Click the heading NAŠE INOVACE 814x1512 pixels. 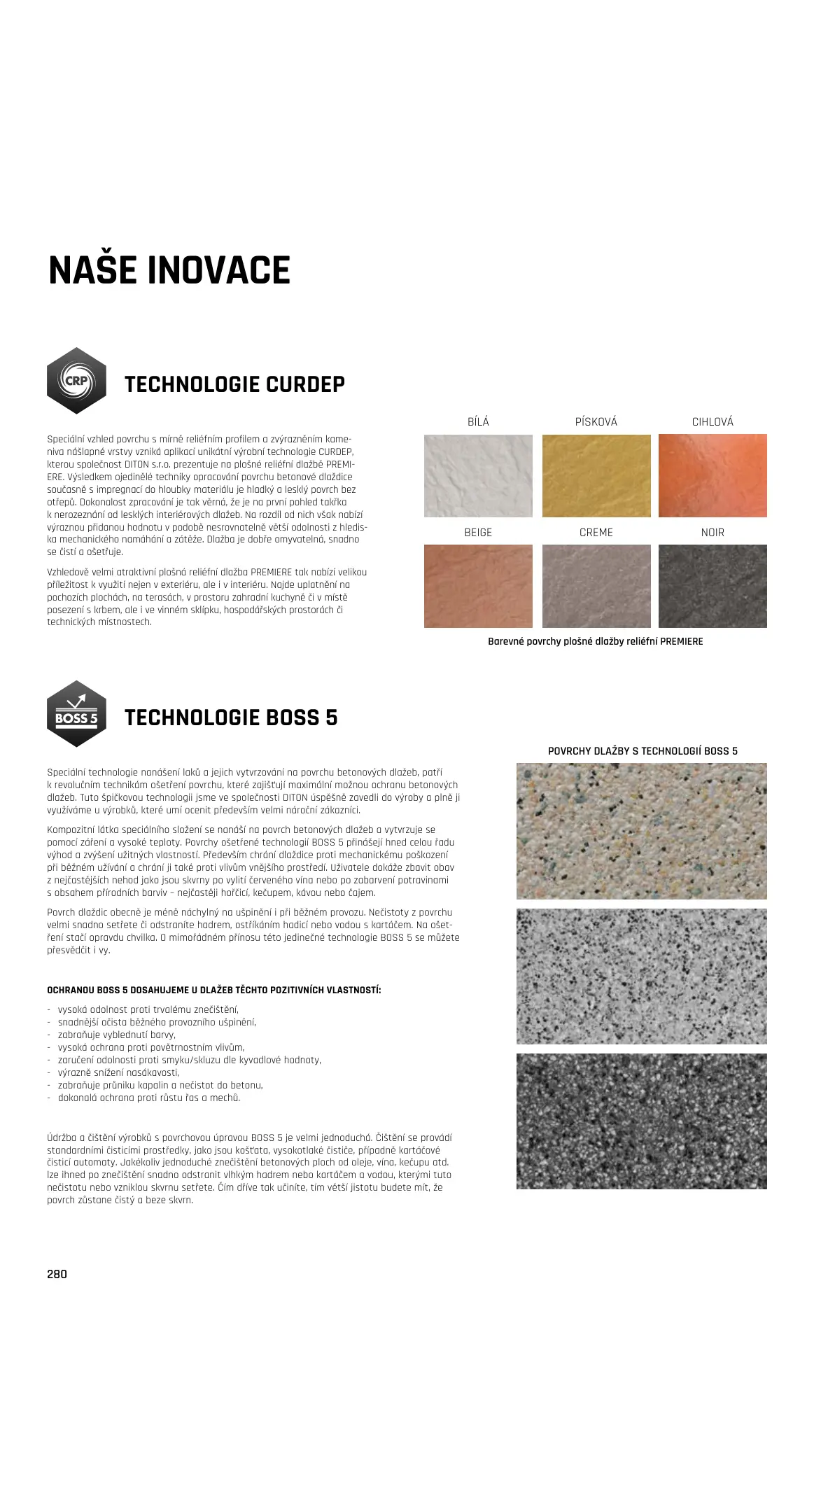(169, 271)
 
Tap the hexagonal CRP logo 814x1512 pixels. (76, 381)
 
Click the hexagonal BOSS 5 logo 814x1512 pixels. (76, 714)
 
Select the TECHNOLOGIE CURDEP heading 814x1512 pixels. (234, 384)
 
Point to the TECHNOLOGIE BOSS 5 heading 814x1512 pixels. (231, 717)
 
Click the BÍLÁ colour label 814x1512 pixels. (478, 421)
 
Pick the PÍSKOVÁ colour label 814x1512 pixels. (596, 421)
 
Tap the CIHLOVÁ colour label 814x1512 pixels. (713, 421)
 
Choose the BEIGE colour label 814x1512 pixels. (478, 533)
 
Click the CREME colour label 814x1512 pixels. (596, 533)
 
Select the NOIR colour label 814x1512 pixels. (713, 533)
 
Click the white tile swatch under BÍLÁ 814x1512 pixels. (478, 476)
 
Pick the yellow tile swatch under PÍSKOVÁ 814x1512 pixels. (596, 476)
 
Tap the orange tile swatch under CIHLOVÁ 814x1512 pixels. (713, 476)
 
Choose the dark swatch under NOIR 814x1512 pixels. (713, 587)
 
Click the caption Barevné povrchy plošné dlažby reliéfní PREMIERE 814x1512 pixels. (595, 641)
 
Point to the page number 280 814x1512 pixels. (57, 1274)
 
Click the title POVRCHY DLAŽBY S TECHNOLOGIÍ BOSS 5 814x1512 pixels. (643, 751)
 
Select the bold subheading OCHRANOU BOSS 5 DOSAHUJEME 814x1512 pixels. (214, 990)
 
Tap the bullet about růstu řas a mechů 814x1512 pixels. (148, 1098)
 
